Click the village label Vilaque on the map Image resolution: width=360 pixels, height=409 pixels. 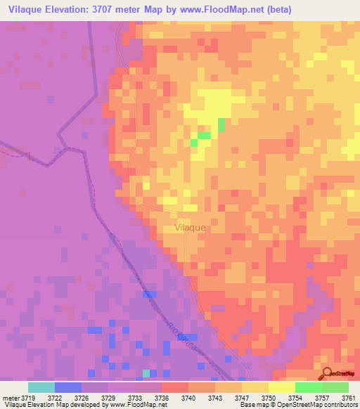190,228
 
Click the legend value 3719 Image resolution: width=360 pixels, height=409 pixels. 28,398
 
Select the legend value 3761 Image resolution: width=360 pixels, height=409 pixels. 348,398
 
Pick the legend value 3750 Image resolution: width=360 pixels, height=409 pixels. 268,398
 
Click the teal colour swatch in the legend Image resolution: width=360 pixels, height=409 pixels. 41,387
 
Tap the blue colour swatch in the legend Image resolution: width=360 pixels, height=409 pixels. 68,387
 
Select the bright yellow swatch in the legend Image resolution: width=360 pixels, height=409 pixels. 281,387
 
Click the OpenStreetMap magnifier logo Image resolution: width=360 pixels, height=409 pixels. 328,372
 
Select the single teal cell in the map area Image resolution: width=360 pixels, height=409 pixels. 146,373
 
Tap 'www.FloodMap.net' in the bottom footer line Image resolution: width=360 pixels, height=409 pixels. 137,405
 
